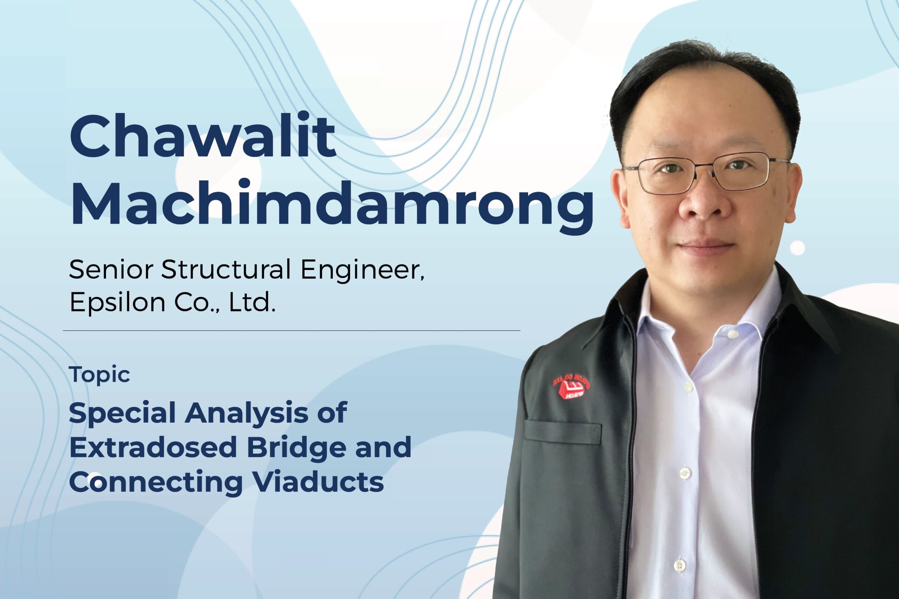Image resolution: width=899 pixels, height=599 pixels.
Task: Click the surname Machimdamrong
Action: (x=332, y=206)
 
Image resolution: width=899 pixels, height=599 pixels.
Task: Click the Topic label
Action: (x=100, y=375)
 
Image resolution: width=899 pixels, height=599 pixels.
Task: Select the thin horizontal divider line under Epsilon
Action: (x=291, y=330)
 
